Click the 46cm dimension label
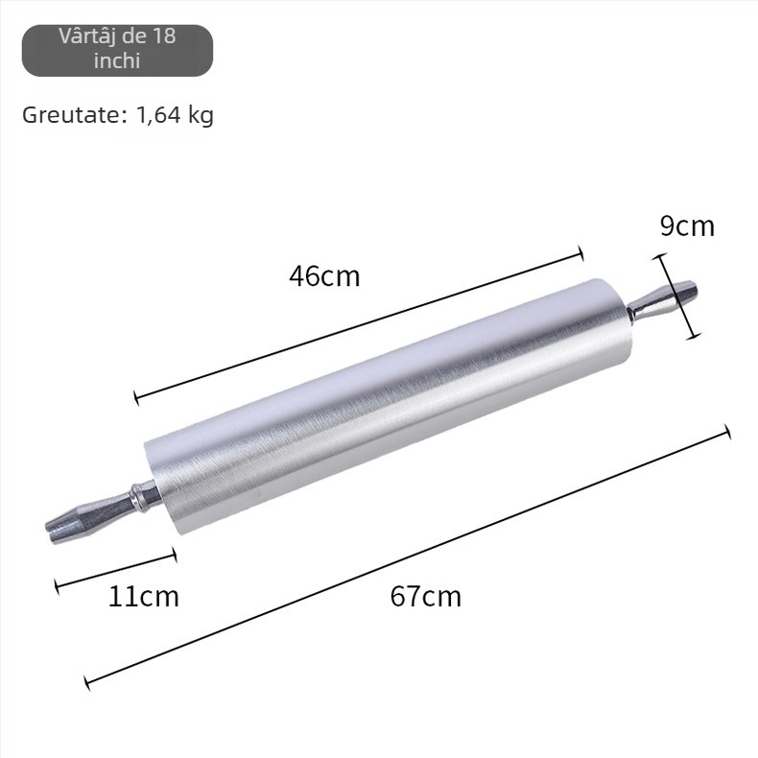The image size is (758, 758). pos(324,276)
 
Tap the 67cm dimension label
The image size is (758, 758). pos(425,596)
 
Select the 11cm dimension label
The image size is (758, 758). pos(143,596)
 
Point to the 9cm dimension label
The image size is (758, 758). pos(687,225)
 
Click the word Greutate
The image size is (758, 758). pos(75,115)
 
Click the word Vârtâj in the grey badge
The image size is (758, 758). pos(84,36)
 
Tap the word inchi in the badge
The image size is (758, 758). pos(117,60)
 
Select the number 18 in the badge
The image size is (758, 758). pos(164,36)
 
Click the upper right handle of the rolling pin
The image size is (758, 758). pos(663,299)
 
